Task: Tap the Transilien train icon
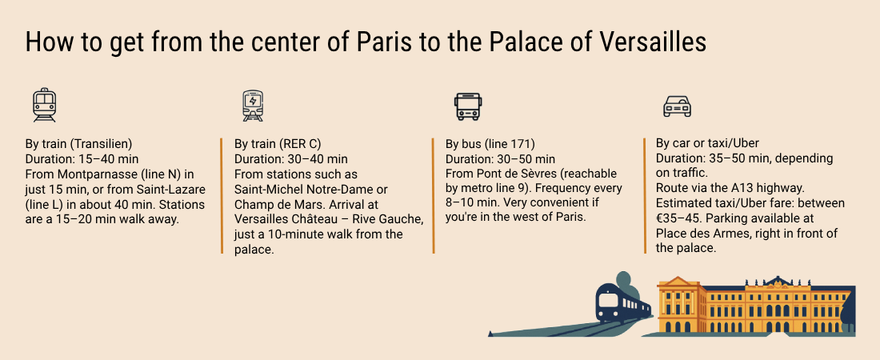coord(44,105)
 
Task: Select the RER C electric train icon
coord(253,106)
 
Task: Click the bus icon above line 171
coord(467,106)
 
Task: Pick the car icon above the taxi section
coord(677,106)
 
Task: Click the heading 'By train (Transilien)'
coord(78,143)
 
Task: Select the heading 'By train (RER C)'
coord(278,143)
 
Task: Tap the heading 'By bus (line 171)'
coord(490,143)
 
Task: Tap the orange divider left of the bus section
coord(434,196)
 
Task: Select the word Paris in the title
coord(386,42)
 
